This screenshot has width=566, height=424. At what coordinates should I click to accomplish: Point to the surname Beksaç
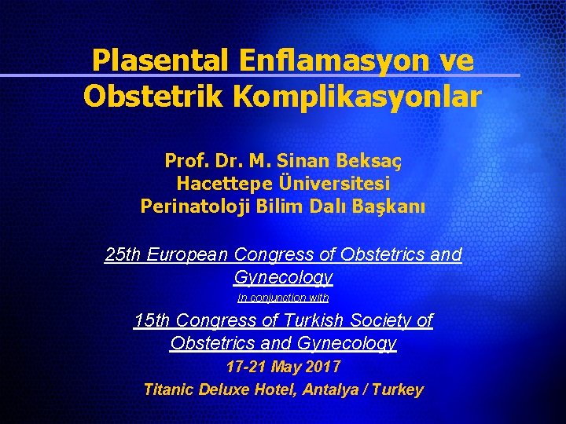point(370,161)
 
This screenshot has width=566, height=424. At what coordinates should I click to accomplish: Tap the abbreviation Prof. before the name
point(183,161)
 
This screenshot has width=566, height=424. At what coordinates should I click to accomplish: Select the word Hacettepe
point(224,184)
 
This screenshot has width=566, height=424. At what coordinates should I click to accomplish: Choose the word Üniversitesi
point(334,184)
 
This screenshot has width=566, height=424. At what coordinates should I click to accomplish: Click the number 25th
point(123,254)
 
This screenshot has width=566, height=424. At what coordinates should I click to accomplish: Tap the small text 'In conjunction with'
point(283,298)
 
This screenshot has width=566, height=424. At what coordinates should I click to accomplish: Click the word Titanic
point(169,389)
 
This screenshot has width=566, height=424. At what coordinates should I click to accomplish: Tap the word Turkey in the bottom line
point(399,389)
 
